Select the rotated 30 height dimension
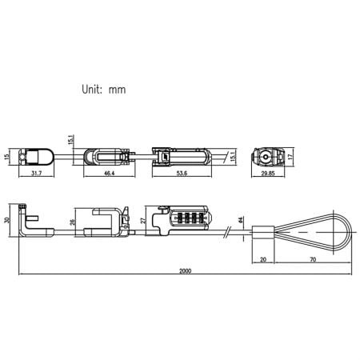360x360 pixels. (x=8, y=222)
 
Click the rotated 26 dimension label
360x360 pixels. (x=74, y=222)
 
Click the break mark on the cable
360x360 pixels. (x=230, y=233)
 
